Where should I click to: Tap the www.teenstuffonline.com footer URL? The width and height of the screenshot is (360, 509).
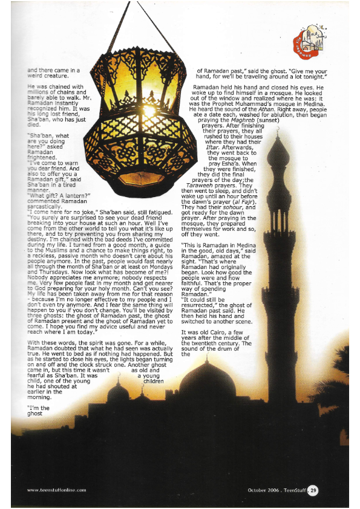tap(60, 489)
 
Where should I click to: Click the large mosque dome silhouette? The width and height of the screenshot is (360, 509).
tap(208, 381)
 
